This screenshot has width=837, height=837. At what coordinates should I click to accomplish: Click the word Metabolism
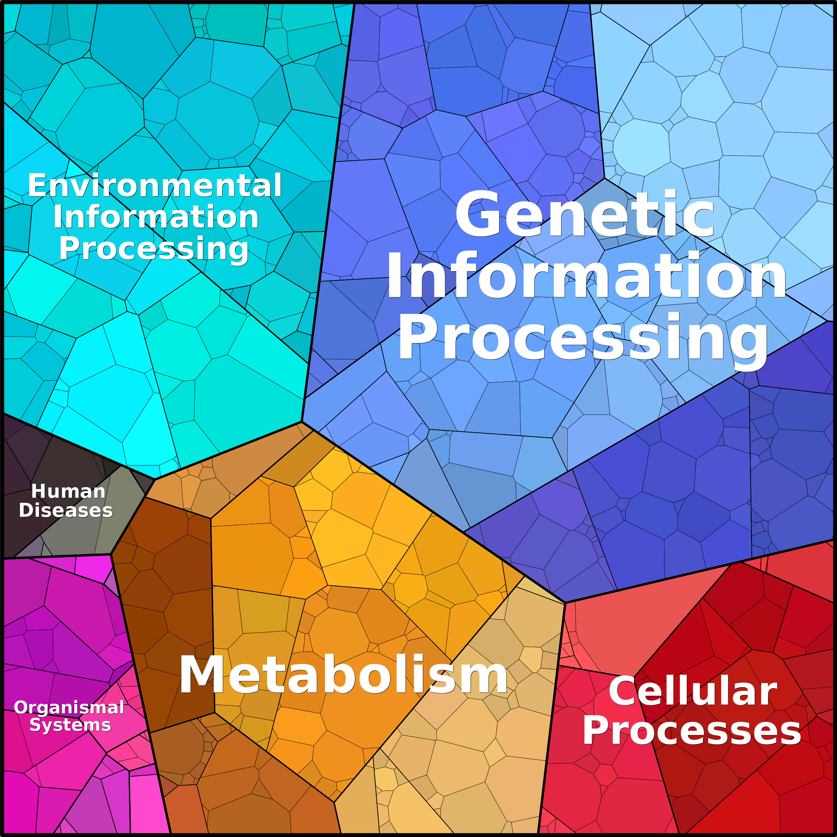click(343, 675)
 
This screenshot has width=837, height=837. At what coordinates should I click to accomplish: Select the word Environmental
click(155, 185)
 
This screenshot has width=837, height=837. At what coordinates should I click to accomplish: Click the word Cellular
click(693, 691)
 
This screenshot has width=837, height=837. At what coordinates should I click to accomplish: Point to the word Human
click(68, 491)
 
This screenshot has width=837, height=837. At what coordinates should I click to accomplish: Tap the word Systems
click(70, 725)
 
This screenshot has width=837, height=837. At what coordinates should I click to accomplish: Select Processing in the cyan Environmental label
click(154, 249)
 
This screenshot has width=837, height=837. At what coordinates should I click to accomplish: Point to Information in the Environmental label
click(156, 217)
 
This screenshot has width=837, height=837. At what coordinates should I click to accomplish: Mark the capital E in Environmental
click(37, 185)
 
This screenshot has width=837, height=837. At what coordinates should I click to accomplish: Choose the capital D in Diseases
click(26, 510)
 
